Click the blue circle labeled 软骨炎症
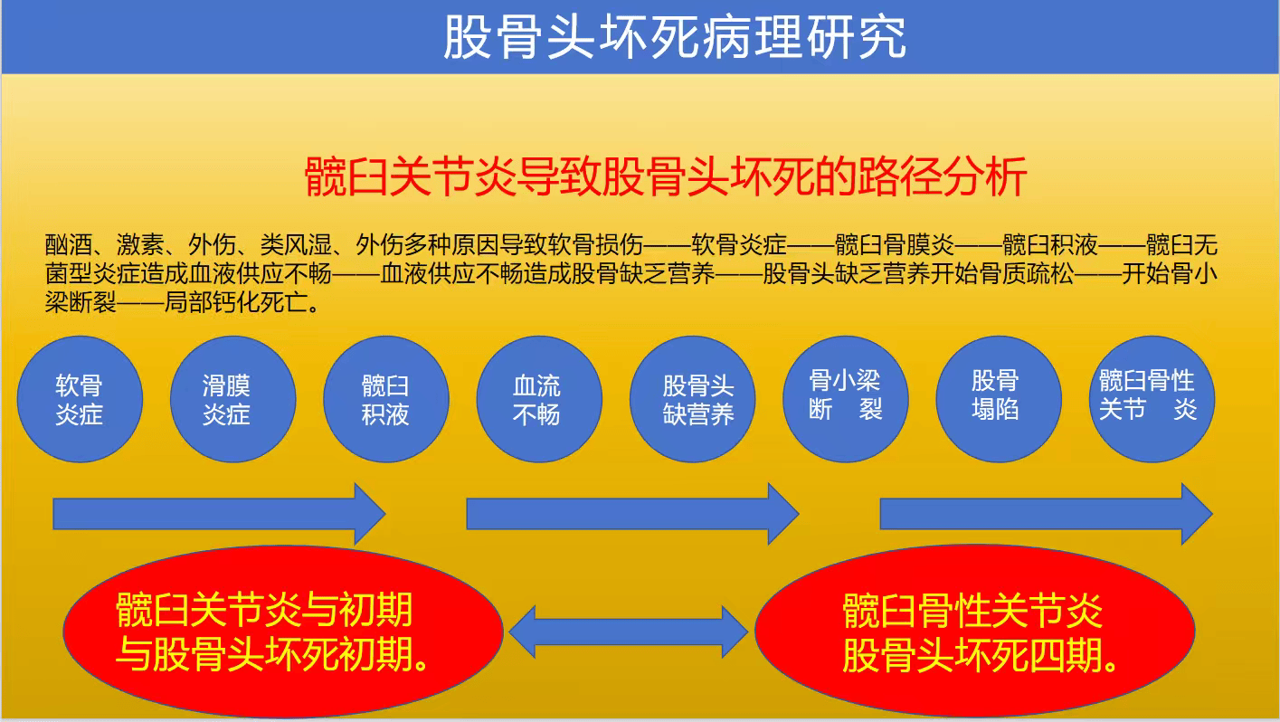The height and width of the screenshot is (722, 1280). pyautogui.click(x=80, y=399)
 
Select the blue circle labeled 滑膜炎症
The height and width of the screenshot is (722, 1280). pyautogui.click(x=233, y=399)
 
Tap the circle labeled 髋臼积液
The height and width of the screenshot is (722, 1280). pyautogui.click(x=386, y=399)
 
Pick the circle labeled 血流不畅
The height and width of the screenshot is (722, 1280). pyautogui.click(x=539, y=399)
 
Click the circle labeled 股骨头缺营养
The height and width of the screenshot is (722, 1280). pyautogui.click(x=693, y=399)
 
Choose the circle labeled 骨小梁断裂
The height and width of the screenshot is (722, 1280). pyautogui.click(x=846, y=399)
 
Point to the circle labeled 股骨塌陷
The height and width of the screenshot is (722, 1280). pyautogui.click(x=999, y=399)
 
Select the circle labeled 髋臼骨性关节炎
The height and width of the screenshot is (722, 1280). pyautogui.click(x=1152, y=399)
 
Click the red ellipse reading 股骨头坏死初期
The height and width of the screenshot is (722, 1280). pyautogui.click(x=283, y=632)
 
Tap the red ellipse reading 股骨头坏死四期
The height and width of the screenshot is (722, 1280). pyautogui.click(x=975, y=632)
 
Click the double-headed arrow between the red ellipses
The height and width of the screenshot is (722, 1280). pyautogui.click(x=629, y=632)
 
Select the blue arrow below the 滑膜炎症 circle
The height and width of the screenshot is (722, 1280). pyautogui.click(x=219, y=514)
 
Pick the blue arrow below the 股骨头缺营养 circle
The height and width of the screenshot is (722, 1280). pyautogui.click(x=632, y=514)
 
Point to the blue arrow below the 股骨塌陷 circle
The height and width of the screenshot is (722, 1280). pyautogui.click(x=1047, y=514)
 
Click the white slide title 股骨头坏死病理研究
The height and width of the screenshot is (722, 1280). pyautogui.click(x=675, y=37)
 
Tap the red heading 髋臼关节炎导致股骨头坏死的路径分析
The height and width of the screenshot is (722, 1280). pyautogui.click(x=666, y=176)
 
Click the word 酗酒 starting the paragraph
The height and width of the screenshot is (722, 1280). pyautogui.click(x=69, y=244)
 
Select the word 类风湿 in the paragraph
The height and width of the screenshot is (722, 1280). pyautogui.click(x=296, y=244)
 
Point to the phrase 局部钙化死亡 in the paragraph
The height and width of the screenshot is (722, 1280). pyautogui.click(x=236, y=302)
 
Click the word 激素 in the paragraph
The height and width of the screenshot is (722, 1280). pyautogui.click(x=140, y=244)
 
